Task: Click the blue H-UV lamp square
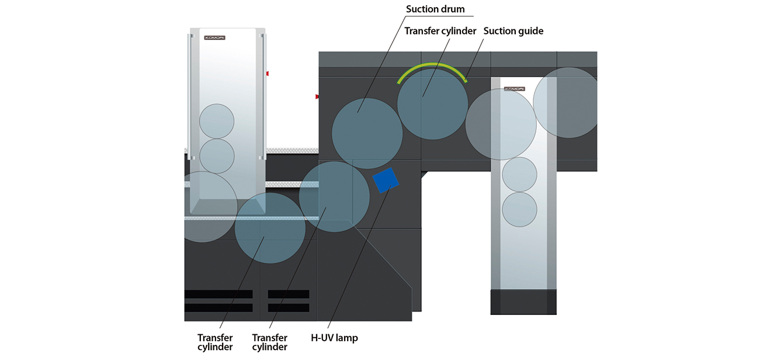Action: [386, 180]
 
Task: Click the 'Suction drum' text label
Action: [435, 9]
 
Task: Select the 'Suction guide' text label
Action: [513, 31]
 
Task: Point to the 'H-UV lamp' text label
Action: [334, 338]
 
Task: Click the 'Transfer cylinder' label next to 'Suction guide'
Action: [440, 31]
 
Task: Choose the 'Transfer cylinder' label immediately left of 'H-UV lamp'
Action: [269, 342]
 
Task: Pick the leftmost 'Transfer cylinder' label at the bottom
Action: [215, 342]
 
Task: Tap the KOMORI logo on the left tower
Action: [214, 38]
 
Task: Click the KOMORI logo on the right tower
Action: [514, 89]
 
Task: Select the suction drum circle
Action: [367, 133]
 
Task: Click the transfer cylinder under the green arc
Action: [432, 105]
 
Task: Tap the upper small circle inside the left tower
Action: [217, 121]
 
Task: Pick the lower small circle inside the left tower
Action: [217, 156]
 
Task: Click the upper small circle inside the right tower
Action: [519, 174]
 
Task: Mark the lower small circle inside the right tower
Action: [519, 209]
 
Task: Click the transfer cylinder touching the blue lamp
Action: [334, 196]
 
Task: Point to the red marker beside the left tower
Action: [267, 74]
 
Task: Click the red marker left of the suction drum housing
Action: [317, 96]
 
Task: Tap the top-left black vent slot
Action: [218, 294]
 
